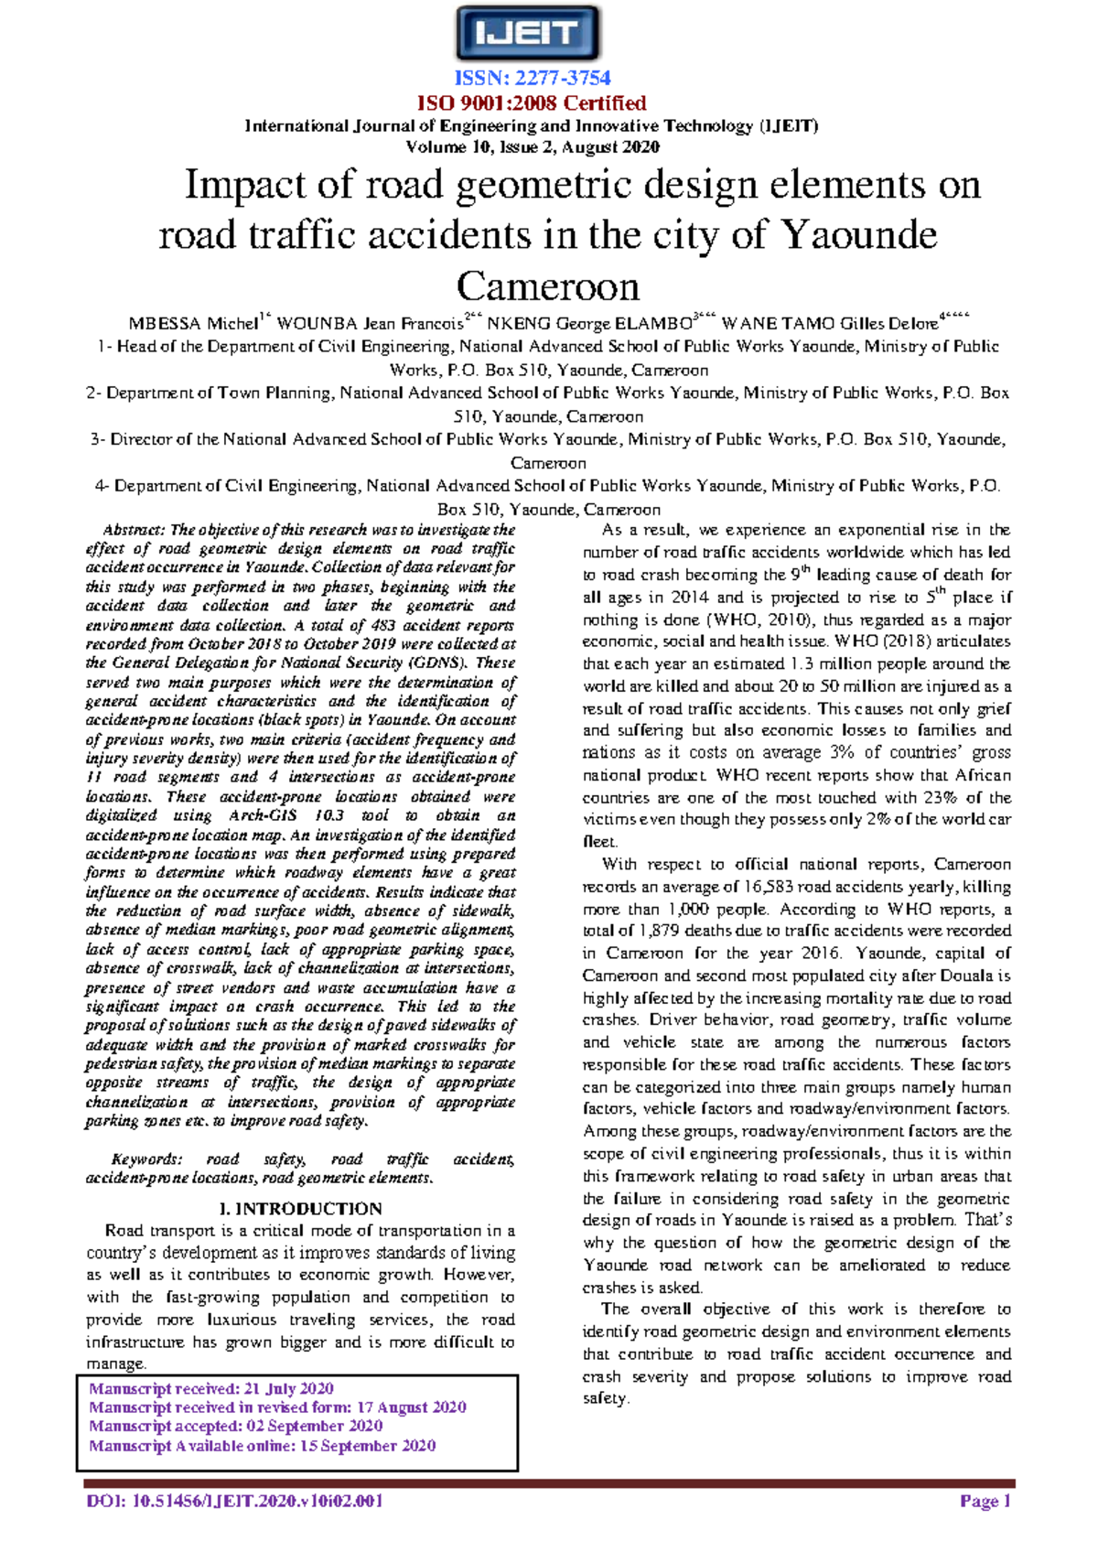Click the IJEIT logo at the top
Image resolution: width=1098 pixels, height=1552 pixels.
click(x=528, y=34)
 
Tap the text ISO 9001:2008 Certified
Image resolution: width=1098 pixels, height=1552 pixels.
click(x=532, y=102)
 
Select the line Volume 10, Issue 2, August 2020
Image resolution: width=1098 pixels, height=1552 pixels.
click(x=532, y=147)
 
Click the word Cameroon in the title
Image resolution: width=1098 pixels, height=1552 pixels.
click(x=547, y=286)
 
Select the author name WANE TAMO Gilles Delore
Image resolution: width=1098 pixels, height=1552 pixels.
click(x=830, y=324)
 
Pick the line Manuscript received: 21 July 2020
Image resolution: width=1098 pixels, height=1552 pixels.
click(x=211, y=1389)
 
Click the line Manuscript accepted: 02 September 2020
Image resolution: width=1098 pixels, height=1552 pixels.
click(x=236, y=1427)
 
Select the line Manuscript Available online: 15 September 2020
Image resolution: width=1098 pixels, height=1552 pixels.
click(x=263, y=1446)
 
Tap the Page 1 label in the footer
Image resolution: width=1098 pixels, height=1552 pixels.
click(x=985, y=1501)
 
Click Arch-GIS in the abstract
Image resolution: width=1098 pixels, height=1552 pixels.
click(x=263, y=815)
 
